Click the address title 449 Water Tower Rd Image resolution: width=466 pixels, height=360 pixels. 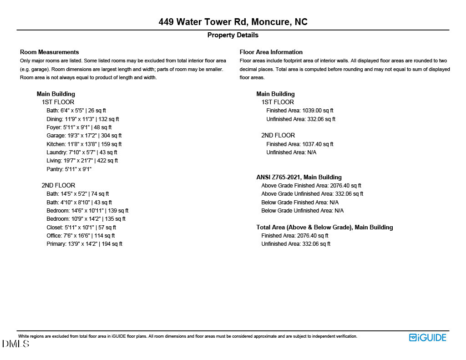(233, 22)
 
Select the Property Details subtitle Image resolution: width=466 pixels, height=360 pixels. (233, 35)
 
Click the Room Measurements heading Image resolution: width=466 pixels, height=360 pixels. (50, 52)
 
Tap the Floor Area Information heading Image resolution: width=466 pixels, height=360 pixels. (271, 52)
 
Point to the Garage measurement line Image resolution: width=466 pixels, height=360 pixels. (84, 136)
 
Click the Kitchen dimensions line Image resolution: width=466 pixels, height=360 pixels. (84, 144)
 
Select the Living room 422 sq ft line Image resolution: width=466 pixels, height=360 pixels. (82, 161)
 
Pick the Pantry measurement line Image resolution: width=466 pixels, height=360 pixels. (69, 169)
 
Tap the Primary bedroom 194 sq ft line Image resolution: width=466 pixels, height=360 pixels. (84, 244)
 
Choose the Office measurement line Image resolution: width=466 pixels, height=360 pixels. (81, 236)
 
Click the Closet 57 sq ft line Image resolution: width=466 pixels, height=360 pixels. (81, 227)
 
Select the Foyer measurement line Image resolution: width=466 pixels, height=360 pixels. (79, 127)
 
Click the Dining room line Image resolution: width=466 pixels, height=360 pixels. (82, 119)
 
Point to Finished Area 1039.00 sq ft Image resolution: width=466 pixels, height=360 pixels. (300, 111)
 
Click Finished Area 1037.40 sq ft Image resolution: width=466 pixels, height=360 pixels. (300, 144)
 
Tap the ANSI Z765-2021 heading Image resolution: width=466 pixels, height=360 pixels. (299, 177)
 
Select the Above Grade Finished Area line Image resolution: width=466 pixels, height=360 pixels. (311, 186)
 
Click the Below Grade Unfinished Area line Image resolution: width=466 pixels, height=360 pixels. (303, 211)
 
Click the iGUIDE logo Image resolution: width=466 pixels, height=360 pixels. (428, 338)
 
